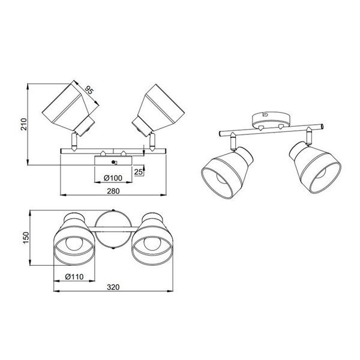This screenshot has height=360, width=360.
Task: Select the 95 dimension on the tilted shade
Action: click(x=89, y=92)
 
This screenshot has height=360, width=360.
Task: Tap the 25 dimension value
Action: click(x=137, y=172)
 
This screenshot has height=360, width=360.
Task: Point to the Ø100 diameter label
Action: click(x=114, y=178)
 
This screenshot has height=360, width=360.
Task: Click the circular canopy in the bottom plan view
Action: click(x=113, y=229)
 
